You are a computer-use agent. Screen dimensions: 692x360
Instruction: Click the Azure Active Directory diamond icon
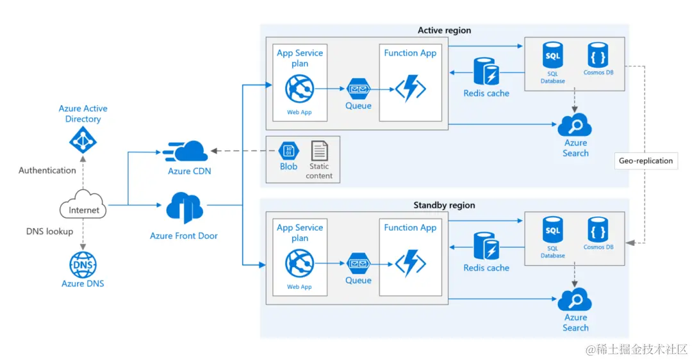(x=83, y=140)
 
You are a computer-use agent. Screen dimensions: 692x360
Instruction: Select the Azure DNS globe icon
(x=83, y=265)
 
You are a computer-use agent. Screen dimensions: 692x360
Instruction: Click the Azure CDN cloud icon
(x=185, y=151)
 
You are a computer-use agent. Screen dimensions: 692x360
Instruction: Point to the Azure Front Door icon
(x=185, y=208)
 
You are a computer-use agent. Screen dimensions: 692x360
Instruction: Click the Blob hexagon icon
(x=288, y=151)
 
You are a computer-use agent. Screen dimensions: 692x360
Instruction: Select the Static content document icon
(x=319, y=151)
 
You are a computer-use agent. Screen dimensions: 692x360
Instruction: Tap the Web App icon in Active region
(x=300, y=88)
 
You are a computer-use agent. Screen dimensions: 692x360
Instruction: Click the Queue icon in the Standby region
(x=358, y=263)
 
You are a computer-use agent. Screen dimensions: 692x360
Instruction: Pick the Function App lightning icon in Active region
(x=411, y=88)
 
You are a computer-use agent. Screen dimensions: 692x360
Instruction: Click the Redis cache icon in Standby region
(x=486, y=246)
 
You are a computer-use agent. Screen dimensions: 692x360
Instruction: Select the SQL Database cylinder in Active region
(x=552, y=55)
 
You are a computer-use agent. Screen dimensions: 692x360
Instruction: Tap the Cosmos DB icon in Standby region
(x=598, y=229)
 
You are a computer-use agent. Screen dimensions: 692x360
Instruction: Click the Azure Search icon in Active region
(x=575, y=126)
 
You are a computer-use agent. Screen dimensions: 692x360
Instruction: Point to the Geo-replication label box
(x=646, y=161)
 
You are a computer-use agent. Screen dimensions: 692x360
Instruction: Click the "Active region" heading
(x=445, y=31)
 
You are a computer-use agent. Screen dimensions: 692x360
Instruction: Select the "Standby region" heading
(x=445, y=205)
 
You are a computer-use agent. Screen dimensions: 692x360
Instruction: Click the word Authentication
(x=47, y=170)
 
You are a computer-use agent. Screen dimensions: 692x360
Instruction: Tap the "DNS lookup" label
(x=49, y=231)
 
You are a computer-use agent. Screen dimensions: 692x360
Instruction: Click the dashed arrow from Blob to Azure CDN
(x=243, y=151)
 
